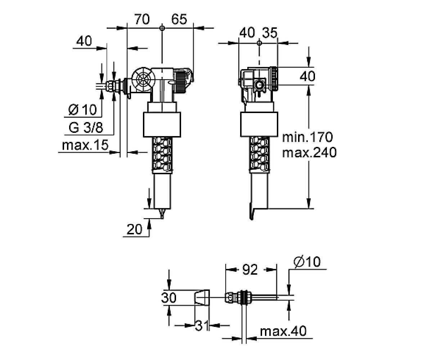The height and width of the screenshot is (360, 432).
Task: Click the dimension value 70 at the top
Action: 142,19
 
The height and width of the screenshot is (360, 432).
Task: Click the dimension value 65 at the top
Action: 179,19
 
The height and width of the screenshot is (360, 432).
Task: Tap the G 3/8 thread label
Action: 86,128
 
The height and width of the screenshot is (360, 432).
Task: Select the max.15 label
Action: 85,145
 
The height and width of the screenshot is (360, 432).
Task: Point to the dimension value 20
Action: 135,229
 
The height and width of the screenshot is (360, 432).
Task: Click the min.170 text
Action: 307,137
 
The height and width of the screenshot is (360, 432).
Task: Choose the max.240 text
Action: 309,153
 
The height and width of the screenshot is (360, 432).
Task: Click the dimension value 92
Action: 250,270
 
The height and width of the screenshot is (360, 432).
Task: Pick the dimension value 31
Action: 202,326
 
